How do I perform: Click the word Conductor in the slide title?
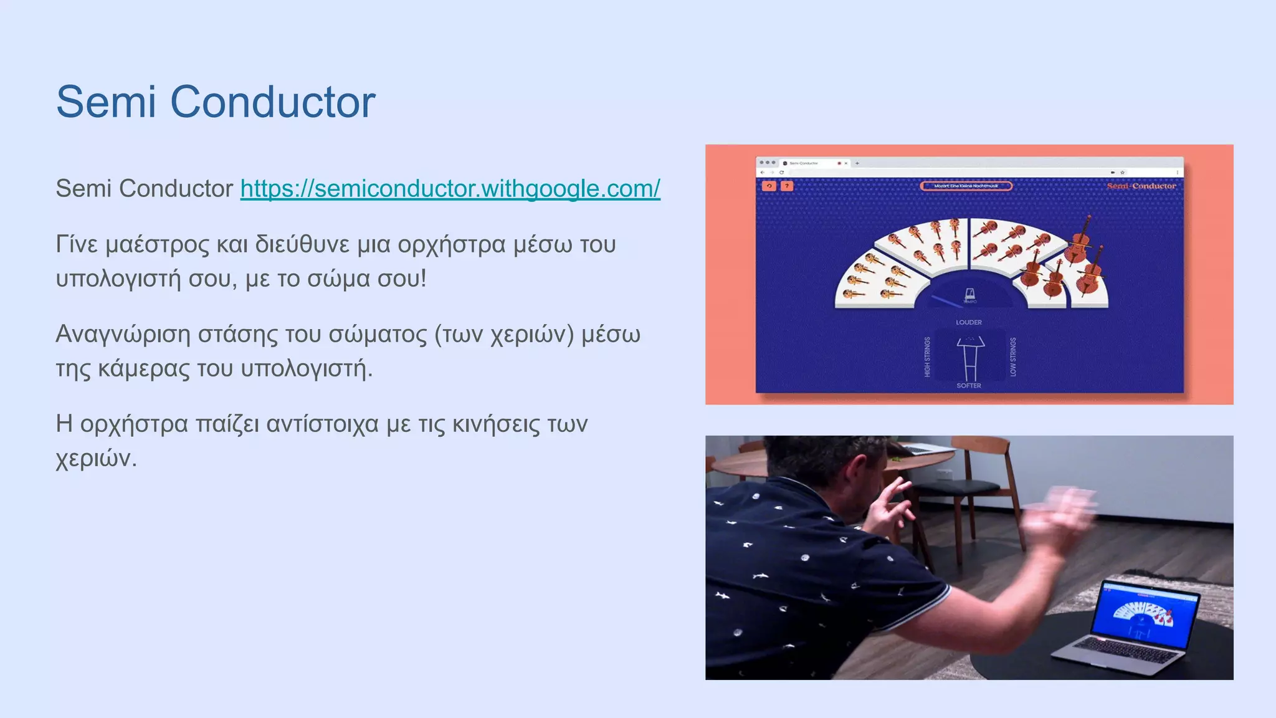(x=272, y=102)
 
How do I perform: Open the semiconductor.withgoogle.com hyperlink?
(x=450, y=188)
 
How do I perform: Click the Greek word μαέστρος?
(x=157, y=245)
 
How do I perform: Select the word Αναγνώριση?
(x=123, y=335)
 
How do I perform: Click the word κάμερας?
(x=143, y=369)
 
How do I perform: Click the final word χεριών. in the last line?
(x=96, y=459)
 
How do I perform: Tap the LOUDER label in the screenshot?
(x=968, y=322)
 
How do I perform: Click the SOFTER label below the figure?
(x=968, y=386)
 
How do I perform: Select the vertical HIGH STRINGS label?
(x=927, y=357)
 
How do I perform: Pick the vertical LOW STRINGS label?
(x=1012, y=357)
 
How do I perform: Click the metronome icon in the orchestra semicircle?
(x=969, y=294)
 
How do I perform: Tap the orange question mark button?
(x=787, y=186)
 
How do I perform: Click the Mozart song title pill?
(x=966, y=186)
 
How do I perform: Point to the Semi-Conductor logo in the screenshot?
(x=1141, y=186)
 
